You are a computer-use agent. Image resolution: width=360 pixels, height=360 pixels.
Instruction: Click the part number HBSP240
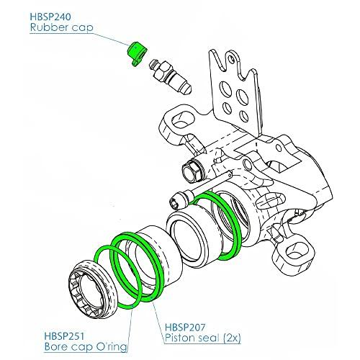pos(50,17)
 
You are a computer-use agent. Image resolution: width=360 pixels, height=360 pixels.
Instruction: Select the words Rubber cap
pos(61,27)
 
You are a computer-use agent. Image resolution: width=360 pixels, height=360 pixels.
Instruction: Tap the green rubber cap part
pos(136,53)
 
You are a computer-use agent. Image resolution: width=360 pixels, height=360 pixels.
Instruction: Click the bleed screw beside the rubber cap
pos(170,77)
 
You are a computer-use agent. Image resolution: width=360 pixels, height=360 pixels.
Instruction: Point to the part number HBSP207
pos(185,327)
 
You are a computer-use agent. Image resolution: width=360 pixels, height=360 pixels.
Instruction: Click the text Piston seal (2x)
pos(202,338)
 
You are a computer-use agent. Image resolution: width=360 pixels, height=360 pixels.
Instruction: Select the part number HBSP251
pos(64,336)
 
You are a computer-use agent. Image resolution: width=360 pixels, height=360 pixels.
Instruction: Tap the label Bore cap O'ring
pos(86,347)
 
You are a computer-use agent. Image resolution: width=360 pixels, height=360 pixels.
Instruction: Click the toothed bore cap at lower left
pos(94,289)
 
